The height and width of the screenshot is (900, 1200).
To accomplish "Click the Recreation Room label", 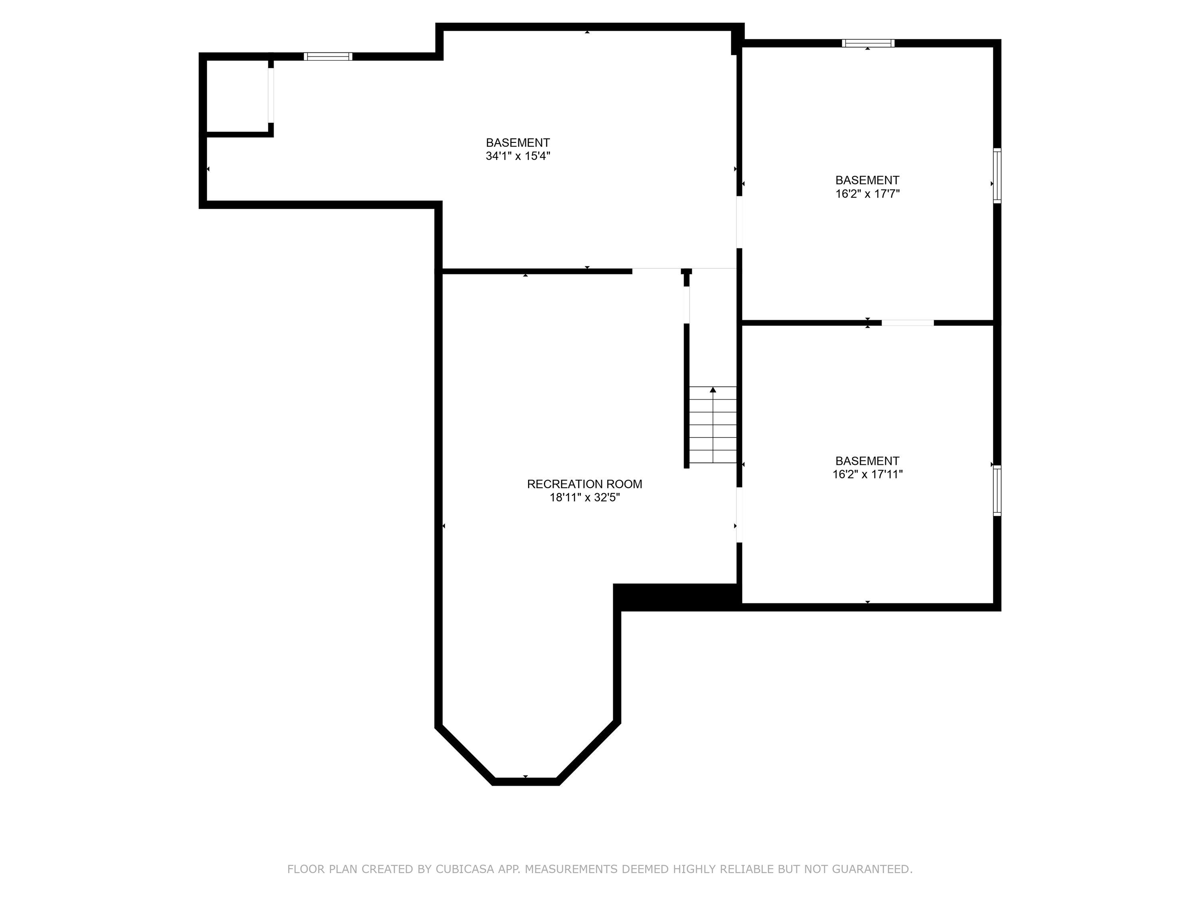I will [x=584, y=484].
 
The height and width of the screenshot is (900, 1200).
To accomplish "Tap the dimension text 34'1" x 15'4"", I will [x=518, y=156].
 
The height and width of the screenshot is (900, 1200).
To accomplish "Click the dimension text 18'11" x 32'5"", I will [x=584, y=498].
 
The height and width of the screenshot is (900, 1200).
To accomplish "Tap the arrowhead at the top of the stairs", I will [x=713, y=390].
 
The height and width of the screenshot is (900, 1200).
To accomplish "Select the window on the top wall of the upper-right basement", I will [x=868, y=43].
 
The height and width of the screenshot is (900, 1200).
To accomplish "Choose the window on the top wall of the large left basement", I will [x=328, y=56].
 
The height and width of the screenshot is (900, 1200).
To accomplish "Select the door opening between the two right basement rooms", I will [x=907, y=323].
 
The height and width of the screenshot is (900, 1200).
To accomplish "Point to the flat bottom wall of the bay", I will [x=525, y=781].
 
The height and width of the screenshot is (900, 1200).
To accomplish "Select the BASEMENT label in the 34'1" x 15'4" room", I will [x=518, y=143].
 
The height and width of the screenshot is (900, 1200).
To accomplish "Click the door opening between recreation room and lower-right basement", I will [x=739, y=515].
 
